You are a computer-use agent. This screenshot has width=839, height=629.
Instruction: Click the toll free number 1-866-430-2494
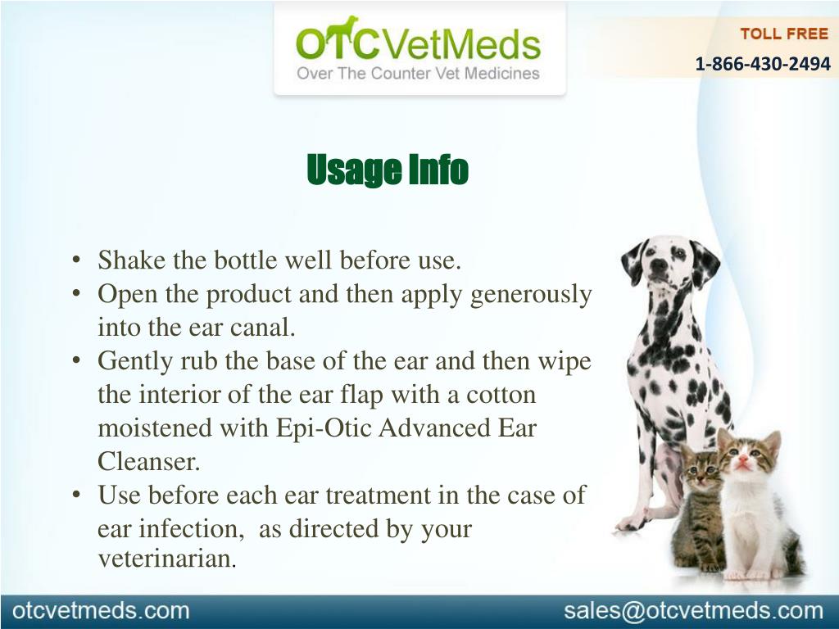(x=763, y=64)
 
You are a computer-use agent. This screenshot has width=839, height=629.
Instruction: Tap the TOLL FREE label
(x=784, y=34)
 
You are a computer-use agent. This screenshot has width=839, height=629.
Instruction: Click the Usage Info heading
(x=388, y=170)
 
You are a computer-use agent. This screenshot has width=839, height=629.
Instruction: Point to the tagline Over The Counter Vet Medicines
(x=418, y=73)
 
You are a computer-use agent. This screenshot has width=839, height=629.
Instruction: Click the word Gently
(x=135, y=362)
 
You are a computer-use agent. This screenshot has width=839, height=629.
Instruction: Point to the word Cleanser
(x=149, y=461)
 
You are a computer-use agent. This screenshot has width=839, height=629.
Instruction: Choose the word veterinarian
(x=167, y=558)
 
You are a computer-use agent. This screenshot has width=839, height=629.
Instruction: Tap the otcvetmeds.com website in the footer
(x=101, y=610)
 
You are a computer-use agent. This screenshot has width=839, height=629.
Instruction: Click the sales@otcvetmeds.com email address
(x=693, y=611)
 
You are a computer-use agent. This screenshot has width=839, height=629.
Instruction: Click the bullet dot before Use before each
(x=77, y=495)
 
